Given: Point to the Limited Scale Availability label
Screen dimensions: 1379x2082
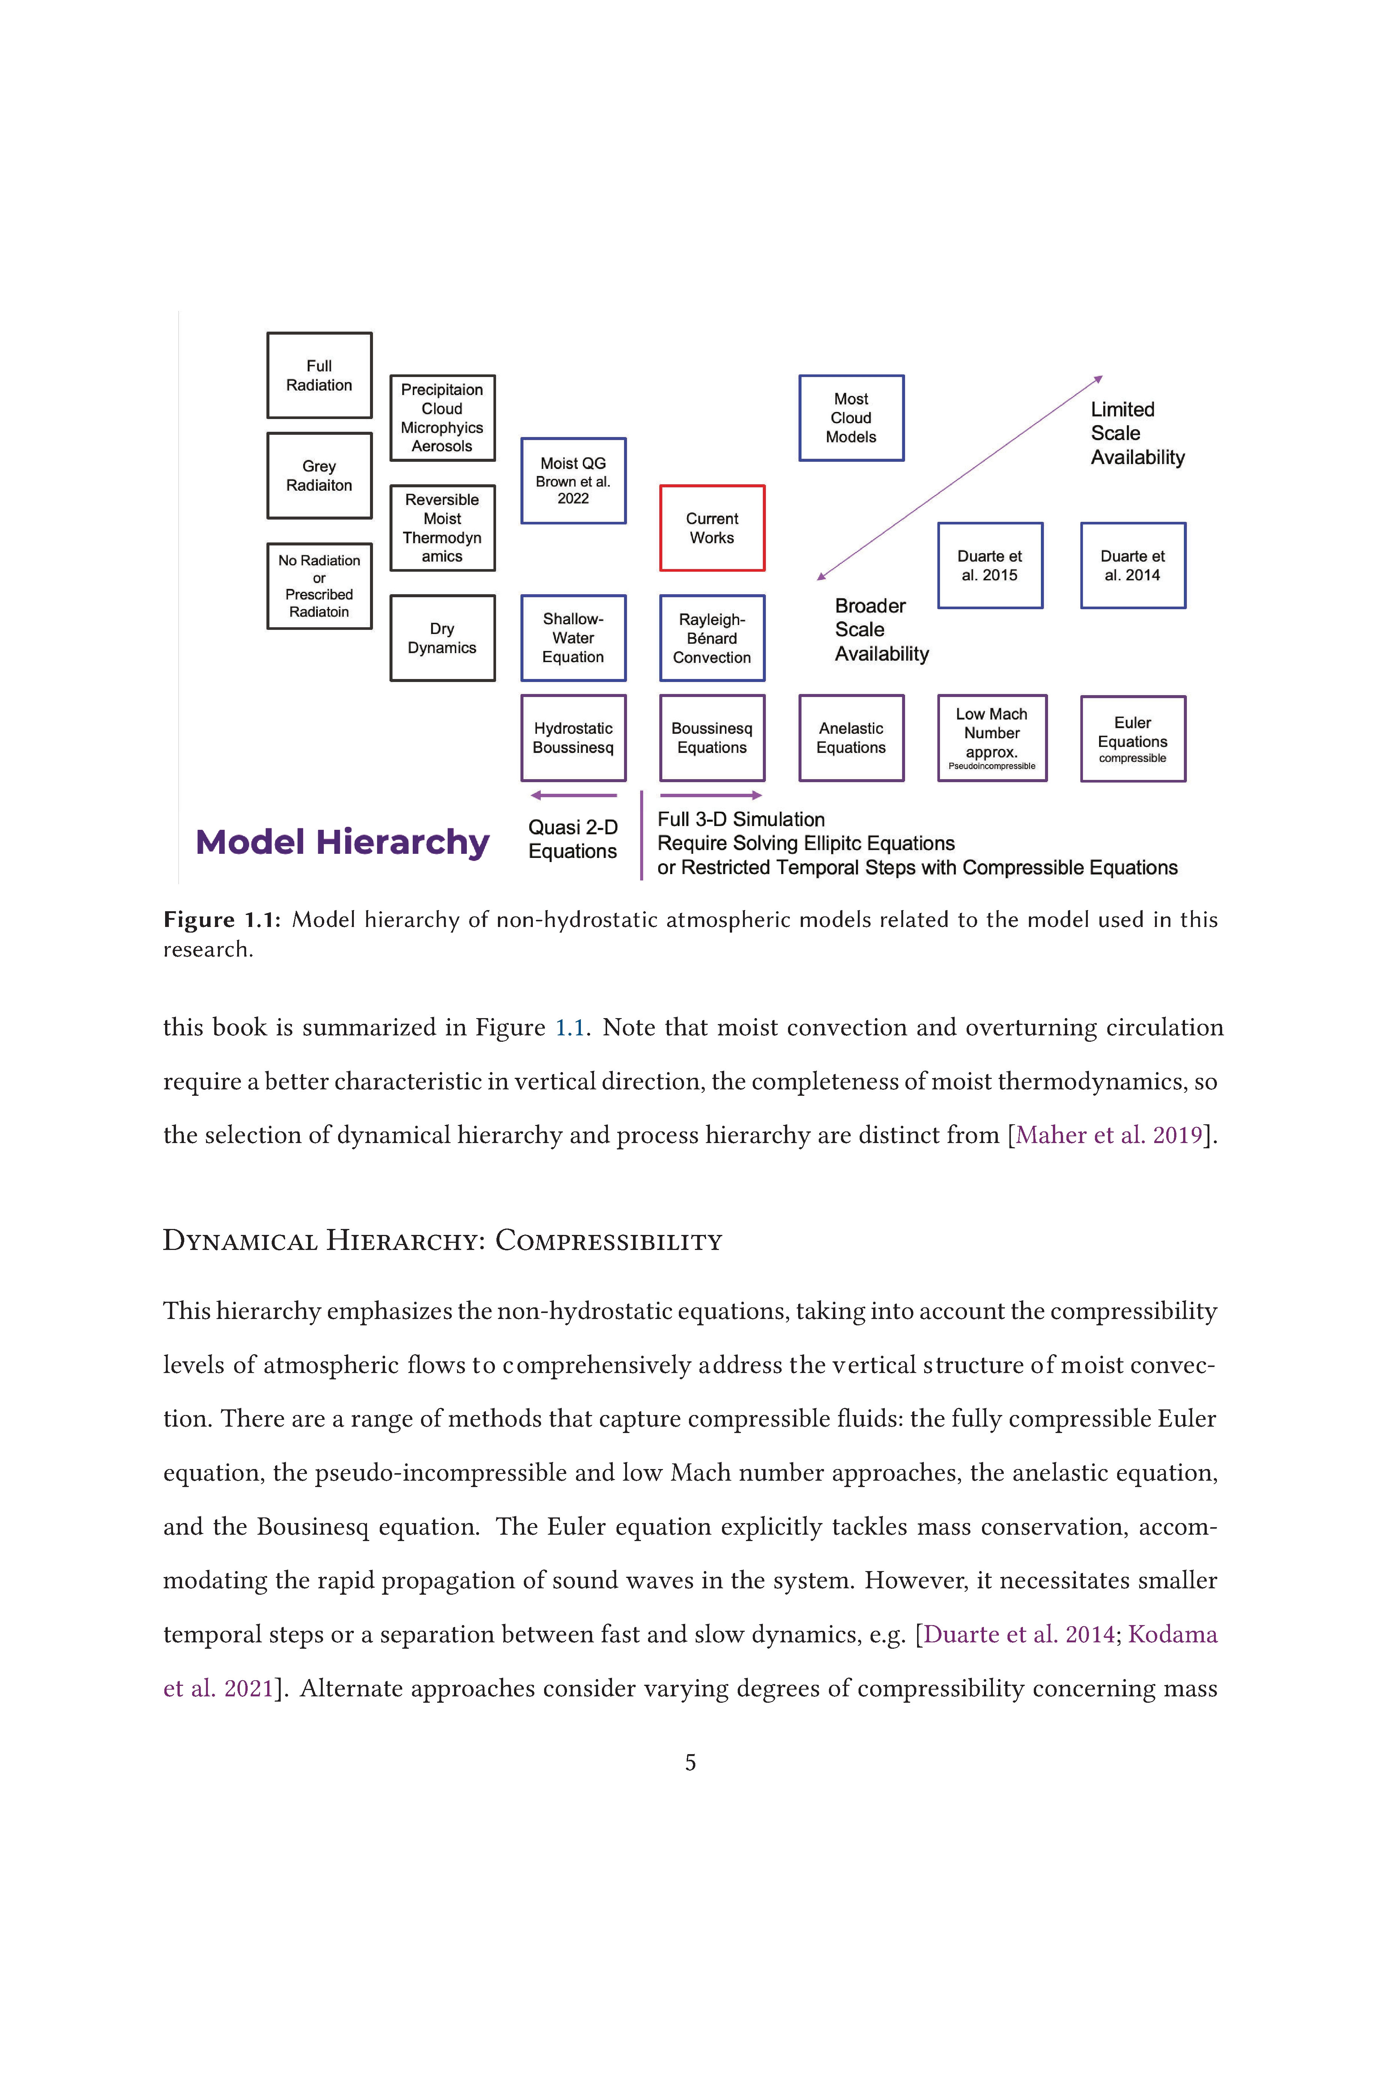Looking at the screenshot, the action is tap(1137, 433).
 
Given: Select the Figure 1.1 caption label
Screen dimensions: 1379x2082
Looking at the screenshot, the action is tap(222, 920).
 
